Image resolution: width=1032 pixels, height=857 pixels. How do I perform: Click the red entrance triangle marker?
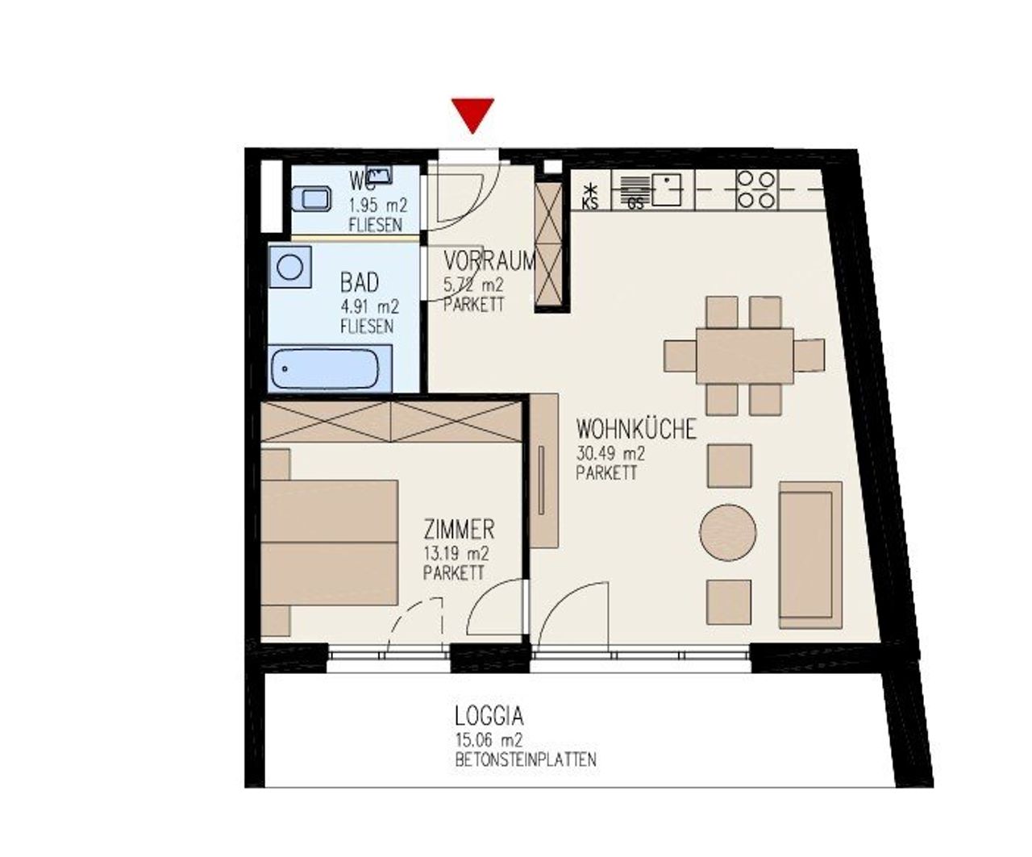pyautogui.click(x=472, y=114)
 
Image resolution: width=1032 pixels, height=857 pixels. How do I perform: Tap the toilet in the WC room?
pyautogui.click(x=311, y=198)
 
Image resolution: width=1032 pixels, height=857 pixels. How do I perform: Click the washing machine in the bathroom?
pyautogui.click(x=290, y=267)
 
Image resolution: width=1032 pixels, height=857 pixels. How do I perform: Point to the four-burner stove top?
pyautogui.click(x=755, y=189)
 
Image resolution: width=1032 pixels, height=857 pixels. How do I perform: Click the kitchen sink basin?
pyautogui.click(x=666, y=189)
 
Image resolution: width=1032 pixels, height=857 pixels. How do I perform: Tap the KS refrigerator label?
pyautogui.click(x=590, y=203)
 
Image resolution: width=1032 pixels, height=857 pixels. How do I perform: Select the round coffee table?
pyautogui.click(x=727, y=532)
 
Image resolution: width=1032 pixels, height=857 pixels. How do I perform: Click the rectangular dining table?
pyautogui.click(x=745, y=356)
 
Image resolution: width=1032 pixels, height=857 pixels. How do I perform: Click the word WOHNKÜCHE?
pyautogui.click(x=637, y=429)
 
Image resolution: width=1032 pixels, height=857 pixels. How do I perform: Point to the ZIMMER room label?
pyautogui.click(x=459, y=530)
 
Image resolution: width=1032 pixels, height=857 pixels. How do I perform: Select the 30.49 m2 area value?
pyautogui.click(x=611, y=453)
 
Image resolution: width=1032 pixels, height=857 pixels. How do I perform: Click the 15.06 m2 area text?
pyautogui.click(x=489, y=740)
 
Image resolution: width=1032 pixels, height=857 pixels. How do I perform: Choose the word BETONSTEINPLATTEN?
pyautogui.click(x=526, y=759)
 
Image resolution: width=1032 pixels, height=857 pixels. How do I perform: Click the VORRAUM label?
pyautogui.click(x=489, y=261)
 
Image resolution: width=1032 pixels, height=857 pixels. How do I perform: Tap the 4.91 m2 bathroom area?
pyautogui.click(x=369, y=307)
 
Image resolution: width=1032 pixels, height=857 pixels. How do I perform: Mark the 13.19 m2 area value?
pyautogui.click(x=456, y=554)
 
